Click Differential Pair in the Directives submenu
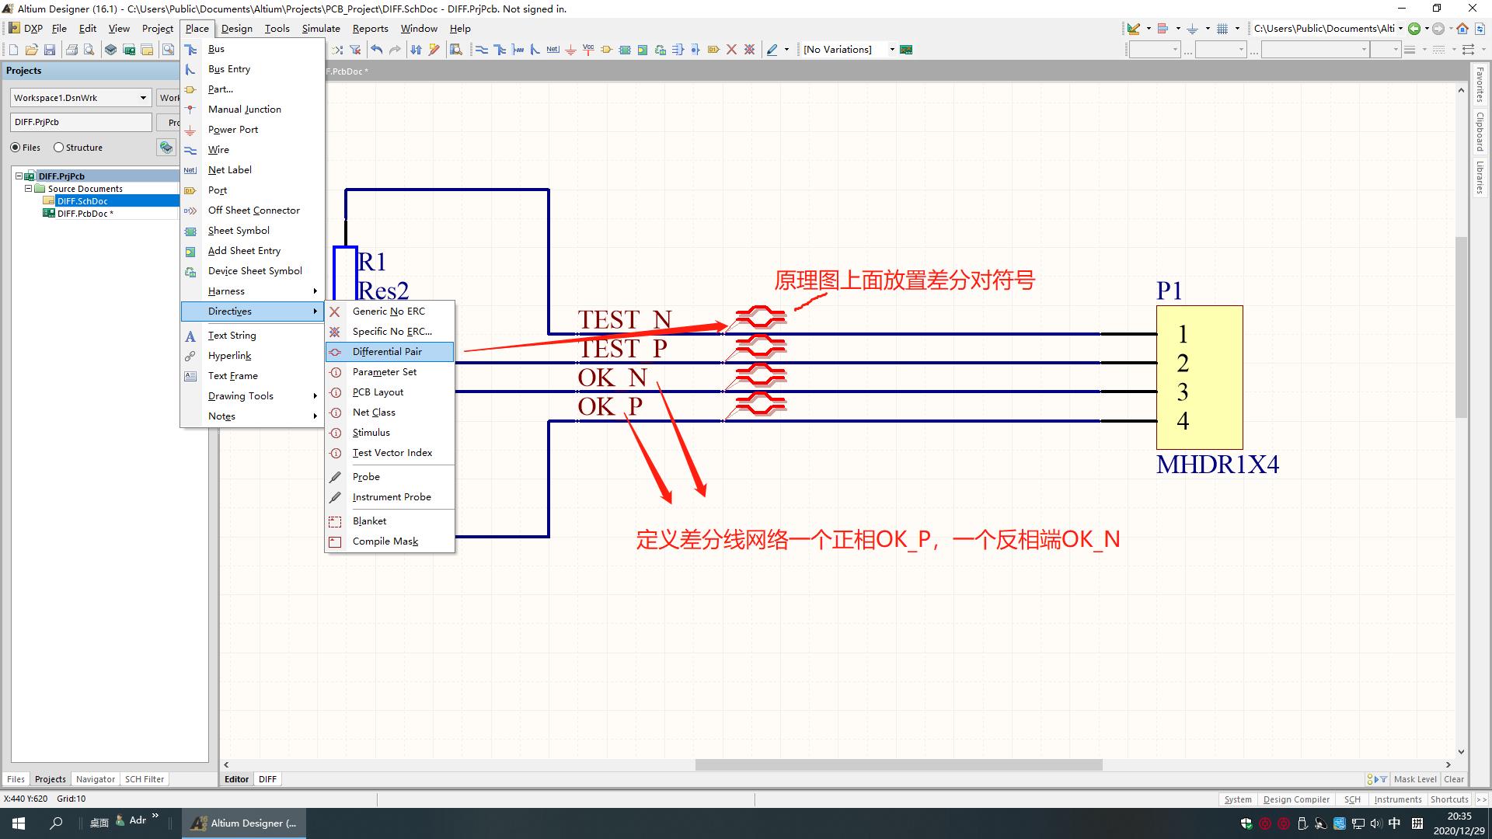(x=387, y=352)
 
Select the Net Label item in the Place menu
(x=229, y=170)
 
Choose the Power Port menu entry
(x=232, y=130)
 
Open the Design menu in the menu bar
(x=236, y=29)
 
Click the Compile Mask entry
(x=385, y=541)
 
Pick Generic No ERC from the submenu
(x=389, y=312)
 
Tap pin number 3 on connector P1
(x=1183, y=392)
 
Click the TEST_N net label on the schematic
(x=625, y=319)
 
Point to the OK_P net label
(x=610, y=406)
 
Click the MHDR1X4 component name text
(x=1217, y=465)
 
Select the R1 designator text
(x=371, y=262)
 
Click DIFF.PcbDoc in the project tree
(x=85, y=214)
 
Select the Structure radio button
(x=58, y=148)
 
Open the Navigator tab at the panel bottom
(x=96, y=779)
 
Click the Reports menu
(x=370, y=29)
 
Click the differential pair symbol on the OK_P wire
(x=760, y=404)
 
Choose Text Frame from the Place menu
(x=232, y=376)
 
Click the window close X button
(x=1472, y=9)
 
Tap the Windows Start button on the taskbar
(x=19, y=823)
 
